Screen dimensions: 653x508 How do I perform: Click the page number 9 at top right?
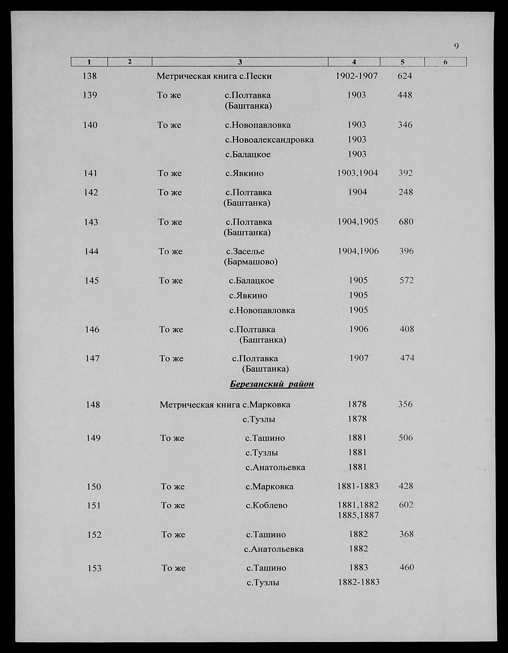point(456,46)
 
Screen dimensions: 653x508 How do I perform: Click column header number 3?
point(240,62)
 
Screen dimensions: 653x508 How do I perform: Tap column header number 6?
point(445,62)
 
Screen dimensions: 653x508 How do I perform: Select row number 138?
point(89,76)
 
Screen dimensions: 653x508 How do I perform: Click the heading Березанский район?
point(272,384)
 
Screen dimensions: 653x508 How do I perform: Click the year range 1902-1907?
point(356,76)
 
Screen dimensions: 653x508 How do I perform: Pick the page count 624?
point(405,76)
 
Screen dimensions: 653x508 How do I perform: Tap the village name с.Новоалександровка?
point(269,140)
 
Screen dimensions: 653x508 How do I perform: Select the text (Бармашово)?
point(251,262)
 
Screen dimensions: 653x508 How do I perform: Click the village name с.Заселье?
point(246,251)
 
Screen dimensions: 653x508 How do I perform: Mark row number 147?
point(92,358)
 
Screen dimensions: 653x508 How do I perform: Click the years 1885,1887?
point(358,515)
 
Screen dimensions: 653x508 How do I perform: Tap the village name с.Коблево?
point(266,505)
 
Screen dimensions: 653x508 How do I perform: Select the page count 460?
point(406,567)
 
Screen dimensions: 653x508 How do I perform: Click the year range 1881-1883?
point(358,486)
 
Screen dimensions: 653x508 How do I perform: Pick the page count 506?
point(406,438)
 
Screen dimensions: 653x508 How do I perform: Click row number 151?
point(94,505)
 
